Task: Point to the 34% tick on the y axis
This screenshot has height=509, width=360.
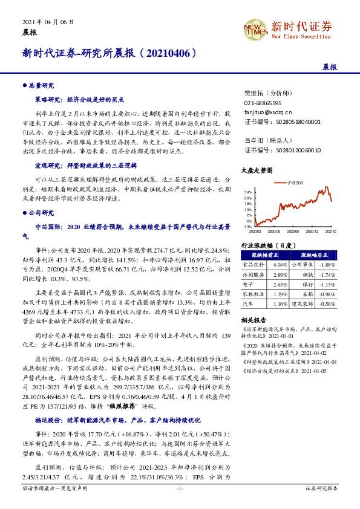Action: [248, 191]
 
